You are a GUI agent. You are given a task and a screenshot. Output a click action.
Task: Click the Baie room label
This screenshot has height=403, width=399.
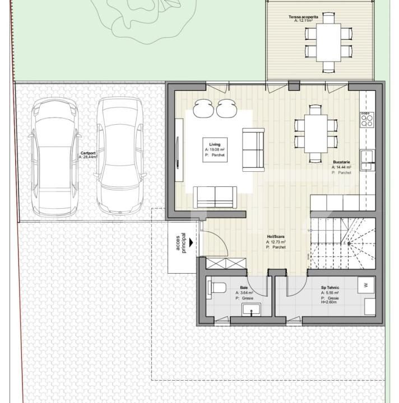(x=244, y=287)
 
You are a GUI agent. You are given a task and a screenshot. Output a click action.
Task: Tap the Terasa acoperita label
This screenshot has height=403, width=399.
(x=303, y=17)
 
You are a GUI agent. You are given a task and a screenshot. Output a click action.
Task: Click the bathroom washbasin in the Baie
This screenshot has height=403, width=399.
(x=248, y=311)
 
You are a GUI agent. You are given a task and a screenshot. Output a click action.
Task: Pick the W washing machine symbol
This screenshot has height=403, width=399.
(x=366, y=285)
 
